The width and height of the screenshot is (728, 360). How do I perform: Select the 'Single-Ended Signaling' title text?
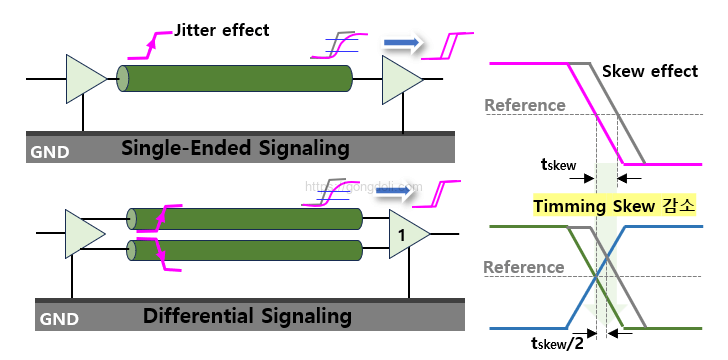coord(235,149)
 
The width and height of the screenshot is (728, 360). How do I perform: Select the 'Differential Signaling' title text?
coord(247,317)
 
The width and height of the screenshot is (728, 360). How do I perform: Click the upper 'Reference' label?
coord(524,105)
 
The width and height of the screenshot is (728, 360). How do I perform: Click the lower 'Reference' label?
coord(524,267)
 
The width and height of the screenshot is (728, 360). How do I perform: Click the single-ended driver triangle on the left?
coord(82,78)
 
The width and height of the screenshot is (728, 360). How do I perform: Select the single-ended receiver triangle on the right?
coord(399,78)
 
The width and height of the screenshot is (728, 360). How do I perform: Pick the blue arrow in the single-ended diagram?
coord(401,42)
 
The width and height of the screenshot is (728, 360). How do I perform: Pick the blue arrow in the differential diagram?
coord(391,190)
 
